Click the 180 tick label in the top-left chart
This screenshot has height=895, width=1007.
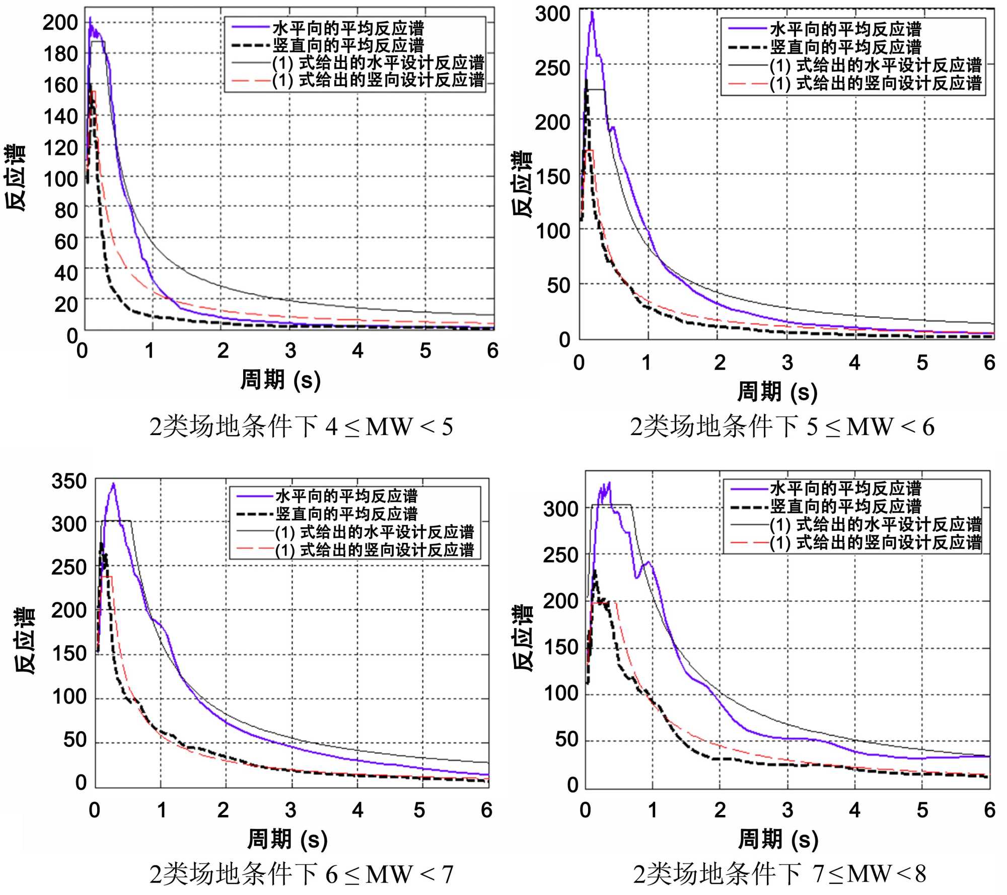pyautogui.click(x=60, y=54)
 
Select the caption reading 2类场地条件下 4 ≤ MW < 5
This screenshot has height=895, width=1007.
pyautogui.click(x=301, y=427)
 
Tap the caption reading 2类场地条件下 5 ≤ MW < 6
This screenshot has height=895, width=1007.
pyautogui.click(x=782, y=427)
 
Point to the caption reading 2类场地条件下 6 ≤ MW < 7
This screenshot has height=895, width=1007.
pyautogui.click(x=301, y=874)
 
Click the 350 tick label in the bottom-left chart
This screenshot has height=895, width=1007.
pyautogui.click(x=69, y=481)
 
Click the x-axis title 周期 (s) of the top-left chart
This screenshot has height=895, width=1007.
pyautogui.click(x=280, y=380)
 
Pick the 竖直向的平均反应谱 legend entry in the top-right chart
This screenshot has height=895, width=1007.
pyautogui.click(x=846, y=47)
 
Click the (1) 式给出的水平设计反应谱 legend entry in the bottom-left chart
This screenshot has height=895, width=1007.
pyautogui.click(x=375, y=532)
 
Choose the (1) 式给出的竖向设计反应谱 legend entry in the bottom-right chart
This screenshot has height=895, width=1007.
pyautogui.click(x=876, y=542)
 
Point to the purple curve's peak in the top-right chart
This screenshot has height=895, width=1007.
pyautogui.click(x=593, y=12)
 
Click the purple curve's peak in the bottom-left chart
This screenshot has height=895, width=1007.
pyautogui.click(x=114, y=484)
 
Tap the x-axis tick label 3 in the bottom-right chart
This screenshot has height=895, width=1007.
pyautogui.click(x=787, y=810)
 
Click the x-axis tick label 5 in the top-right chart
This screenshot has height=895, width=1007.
pyautogui.click(x=922, y=363)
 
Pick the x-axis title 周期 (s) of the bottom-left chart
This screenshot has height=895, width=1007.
pyautogui.click(x=287, y=839)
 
